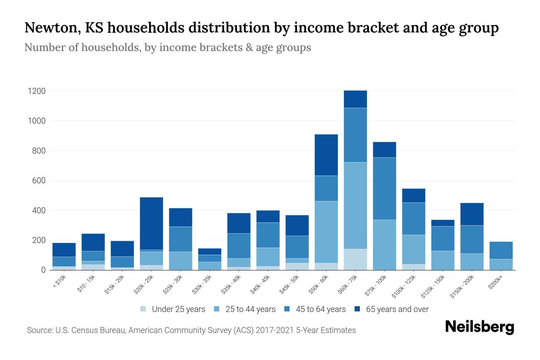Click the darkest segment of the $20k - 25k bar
tap(151, 223)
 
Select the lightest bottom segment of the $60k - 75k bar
tap(355, 259)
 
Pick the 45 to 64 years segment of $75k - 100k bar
tap(384, 188)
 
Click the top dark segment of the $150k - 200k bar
tap(472, 214)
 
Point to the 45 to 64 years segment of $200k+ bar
tap(501, 250)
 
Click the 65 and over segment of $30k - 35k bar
tap(210, 251)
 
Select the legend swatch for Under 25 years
tap(143, 309)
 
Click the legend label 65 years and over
tap(397, 309)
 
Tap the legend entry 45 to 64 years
tap(320, 309)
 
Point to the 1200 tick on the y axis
tap(37, 91)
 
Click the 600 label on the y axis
tap(39, 181)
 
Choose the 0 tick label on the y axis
tap(43, 270)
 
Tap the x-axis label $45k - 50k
tap(289, 285)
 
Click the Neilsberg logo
tap(479, 327)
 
